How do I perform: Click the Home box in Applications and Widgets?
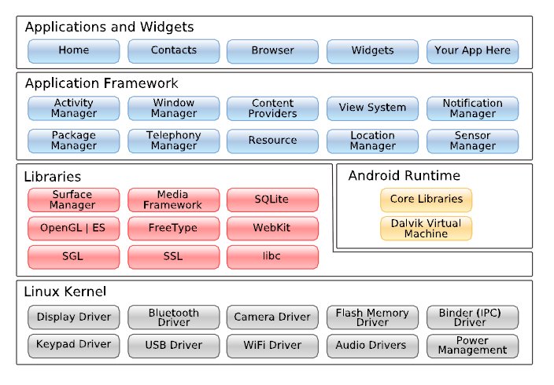[x=73, y=51]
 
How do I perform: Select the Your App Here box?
[x=472, y=51]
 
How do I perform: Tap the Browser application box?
[x=272, y=51]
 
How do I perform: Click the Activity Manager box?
[x=73, y=108]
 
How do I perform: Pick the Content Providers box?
[x=272, y=108]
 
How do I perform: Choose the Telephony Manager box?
[x=173, y=141]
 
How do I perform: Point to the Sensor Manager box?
[x=472, y=141]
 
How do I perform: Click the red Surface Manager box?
[x=73, y=200]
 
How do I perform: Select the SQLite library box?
[x=272, y=200]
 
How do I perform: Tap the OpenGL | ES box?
[x=73, y=229]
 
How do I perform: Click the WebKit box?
[x=272, y=229]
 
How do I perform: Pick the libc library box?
[x=272, y=257]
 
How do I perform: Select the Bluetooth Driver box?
[x=173, y=317]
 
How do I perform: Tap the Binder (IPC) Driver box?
[x=472, y=317]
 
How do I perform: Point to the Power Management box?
[x=472, y=346]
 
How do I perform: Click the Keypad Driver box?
[x=73, y=345]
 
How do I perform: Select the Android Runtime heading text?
[x=404, y=176]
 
